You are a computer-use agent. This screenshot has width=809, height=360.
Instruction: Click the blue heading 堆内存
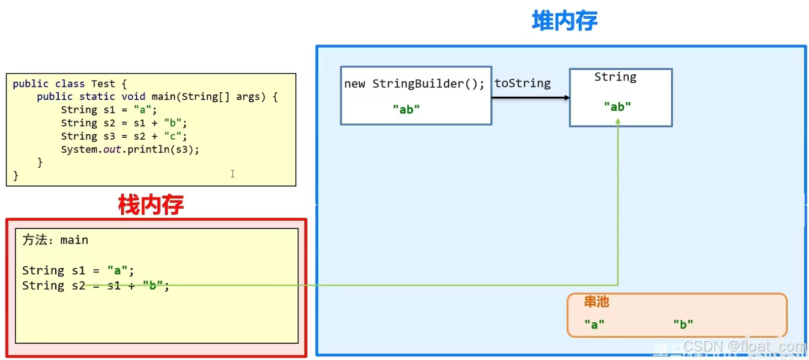point(564,21)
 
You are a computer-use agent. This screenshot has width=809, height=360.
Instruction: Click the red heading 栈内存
point(150,205)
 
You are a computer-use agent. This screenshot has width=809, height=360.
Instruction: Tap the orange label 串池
point(596,302)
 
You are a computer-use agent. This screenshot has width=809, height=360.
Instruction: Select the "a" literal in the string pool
point(594,325)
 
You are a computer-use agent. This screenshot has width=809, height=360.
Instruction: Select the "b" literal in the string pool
point(683,325)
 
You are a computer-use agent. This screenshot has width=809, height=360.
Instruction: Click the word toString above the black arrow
point(522,84)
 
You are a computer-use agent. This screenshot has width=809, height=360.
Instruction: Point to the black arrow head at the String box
point(567,98)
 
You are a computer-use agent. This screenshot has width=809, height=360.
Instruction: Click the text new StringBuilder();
point(414,84)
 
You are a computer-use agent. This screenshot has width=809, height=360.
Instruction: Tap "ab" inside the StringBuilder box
point(406,109)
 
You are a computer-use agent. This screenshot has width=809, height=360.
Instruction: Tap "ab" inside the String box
point(617,107)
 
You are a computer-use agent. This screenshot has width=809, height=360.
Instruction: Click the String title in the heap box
point(615,77)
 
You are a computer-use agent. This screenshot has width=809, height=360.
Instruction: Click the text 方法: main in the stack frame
point(55,240)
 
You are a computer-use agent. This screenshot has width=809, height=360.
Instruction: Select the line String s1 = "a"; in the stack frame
point(78,271)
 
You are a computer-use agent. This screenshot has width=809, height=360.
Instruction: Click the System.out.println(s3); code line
point(130,149)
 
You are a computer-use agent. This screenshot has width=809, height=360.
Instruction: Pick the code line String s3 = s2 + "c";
point(124,136)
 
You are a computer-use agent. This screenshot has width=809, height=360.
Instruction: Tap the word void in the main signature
point(133,97)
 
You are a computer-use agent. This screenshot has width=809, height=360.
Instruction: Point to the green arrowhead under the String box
point(618,122)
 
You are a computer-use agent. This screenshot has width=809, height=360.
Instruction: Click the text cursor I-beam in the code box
point(233,174)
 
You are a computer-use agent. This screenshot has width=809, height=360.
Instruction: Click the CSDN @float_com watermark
point(744,346)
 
